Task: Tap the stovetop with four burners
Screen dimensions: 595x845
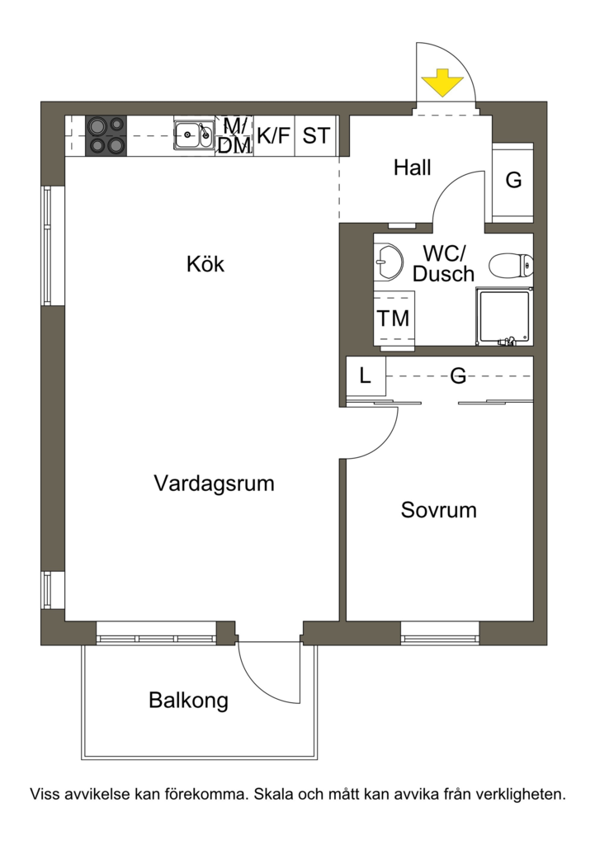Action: (x=106, y=136)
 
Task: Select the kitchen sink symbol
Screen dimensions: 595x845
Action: (x=193, y=135)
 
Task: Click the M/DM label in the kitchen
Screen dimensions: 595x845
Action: (x=234, y=136)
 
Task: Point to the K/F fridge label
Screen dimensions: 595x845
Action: (x=274, y=136)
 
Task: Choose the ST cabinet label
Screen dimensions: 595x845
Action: (x=316, y=136)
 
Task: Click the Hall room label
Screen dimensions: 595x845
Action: (x=413, y=168)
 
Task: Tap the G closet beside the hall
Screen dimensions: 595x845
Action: (x=513, y=180)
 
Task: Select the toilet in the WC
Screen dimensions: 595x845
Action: (x=511, y=265)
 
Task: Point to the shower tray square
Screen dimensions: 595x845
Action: (x=504, y=316)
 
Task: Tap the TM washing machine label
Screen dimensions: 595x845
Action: (x=393, y=319)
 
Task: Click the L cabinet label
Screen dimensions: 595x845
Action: (x=366, y=375)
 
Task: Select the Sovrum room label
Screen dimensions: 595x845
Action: (x=439, y=510)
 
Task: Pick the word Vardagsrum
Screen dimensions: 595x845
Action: (x=215, y=484)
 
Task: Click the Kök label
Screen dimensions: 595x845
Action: (x=205, y=264)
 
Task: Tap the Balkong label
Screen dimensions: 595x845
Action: (x=189, y=701)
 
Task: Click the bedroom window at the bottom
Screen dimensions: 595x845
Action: (x=441, y=634)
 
